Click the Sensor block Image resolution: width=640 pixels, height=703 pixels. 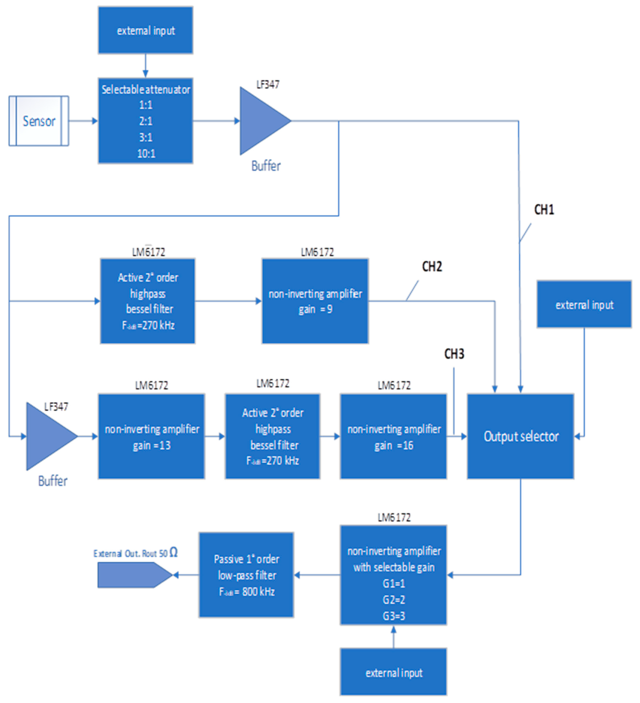(x=39, y=121)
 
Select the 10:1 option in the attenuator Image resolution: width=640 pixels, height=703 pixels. (x=146, y=154)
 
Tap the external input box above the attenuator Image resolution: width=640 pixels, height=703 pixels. (x=146, y=30)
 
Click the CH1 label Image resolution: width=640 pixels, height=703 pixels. (x=544, y=210)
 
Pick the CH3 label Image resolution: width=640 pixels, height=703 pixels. (x=454, y=354)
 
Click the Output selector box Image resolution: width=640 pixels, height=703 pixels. (x=520, y=436)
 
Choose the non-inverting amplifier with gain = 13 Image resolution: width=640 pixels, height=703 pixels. (x=152, y=437)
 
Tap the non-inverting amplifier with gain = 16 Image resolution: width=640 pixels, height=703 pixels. (x=393, y=437)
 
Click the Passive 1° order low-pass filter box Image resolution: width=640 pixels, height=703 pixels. (x=246, y=575)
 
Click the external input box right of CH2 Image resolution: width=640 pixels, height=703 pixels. (x=584, y=304)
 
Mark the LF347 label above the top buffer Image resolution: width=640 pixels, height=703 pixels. (x=268, y=84)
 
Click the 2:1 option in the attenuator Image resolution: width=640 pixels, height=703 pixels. (x=146, y=121)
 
